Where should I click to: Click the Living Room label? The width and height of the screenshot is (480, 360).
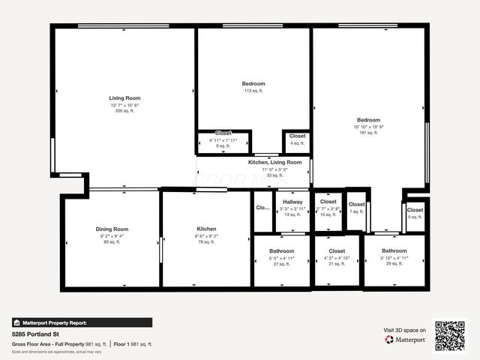[124, 98]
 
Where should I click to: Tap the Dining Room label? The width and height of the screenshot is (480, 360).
[112, 229]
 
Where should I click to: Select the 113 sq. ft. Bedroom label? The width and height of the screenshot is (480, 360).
[253, 84]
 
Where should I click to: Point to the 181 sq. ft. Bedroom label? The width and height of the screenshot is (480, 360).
[368, 120]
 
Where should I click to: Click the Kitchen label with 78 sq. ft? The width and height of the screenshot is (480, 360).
[206, 229]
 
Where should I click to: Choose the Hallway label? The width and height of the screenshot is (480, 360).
[292, 202]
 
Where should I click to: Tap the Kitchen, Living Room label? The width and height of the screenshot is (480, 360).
[274, 162]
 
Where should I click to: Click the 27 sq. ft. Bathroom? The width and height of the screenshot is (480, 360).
[282, 251]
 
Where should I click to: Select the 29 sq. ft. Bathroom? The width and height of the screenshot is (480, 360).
[394, 251]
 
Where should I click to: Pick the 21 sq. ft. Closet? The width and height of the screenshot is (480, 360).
[336, 251]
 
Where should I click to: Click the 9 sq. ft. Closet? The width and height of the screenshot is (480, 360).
[223, 133]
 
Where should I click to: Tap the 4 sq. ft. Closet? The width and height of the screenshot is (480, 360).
[297, 136]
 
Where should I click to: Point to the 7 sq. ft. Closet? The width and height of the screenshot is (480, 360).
[356, 205]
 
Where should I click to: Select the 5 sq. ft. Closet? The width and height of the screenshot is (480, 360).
[415, 211]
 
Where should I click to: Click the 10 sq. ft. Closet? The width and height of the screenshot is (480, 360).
[328, 202]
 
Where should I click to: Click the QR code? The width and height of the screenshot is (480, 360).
[450, 335]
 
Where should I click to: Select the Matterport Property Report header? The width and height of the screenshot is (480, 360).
[54, 322]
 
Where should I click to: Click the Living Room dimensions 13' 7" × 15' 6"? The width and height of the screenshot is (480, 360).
[124, 105]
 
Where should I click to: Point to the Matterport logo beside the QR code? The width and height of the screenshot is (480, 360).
[406, 339]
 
